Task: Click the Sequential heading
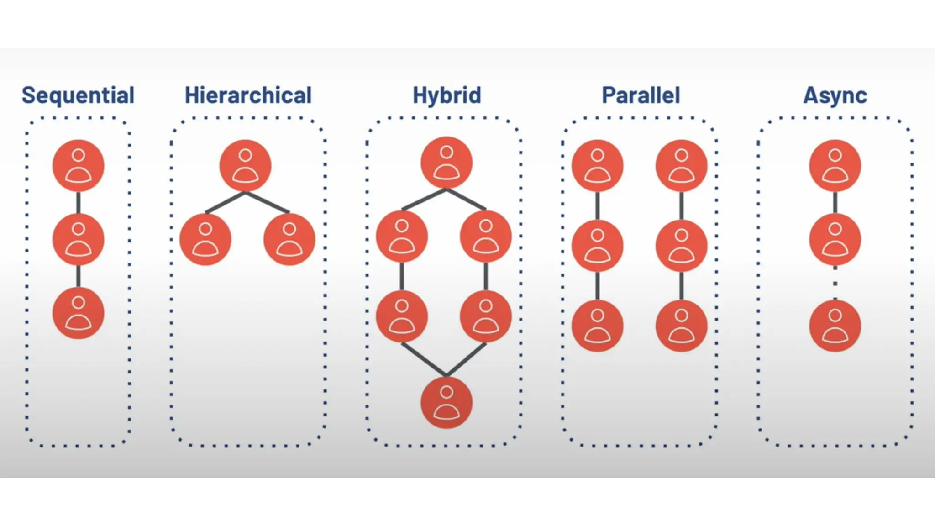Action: pos(78,95)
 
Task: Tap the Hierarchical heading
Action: pos(248,95)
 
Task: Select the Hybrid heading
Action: pos(446,95)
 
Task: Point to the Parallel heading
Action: pos(641,95)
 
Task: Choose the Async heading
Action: pos(835,95)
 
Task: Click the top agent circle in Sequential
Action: pos(78,166)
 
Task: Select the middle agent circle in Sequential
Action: pos(78,239)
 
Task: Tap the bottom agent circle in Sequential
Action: pos(78,313)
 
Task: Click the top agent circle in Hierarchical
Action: pos(245,166)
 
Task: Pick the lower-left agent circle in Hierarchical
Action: pos(205,239)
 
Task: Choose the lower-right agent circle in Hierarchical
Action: pos(289,239)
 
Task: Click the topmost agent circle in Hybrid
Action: pos(446,163)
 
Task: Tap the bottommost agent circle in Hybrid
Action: pos(446,402)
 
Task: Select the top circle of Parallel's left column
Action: pos(597,166)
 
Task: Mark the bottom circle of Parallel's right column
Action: pos(681,326)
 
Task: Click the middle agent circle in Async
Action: pos(835,239)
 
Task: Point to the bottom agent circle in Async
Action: pos(835,326)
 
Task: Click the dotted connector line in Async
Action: pos(835,283)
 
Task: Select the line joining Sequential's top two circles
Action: pos(78,203)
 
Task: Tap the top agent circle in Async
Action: pos(835,166)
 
